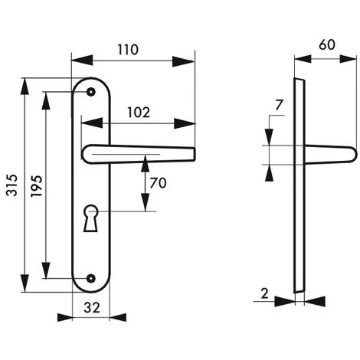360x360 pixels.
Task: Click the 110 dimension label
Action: point(128,50)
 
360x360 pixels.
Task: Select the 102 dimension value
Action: point(139,113)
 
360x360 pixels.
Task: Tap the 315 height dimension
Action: point(12,185)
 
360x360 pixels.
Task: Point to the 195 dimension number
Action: point(36,186)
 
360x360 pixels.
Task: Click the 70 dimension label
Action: point(158,183)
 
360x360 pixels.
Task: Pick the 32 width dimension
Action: point(92,308)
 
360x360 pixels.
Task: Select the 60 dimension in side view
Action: point(327,45)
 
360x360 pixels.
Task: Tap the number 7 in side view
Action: point(279,105)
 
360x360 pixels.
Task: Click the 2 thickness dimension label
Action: point(265,293)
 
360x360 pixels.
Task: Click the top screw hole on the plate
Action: point(91,92)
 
